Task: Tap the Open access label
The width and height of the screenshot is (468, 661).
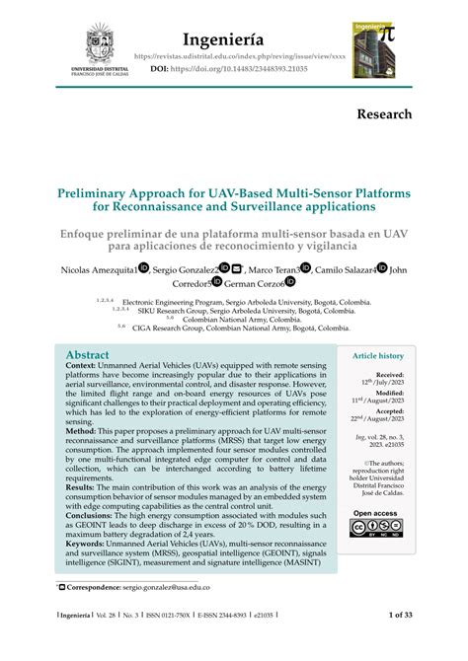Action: pyautogui.click(x=375, y=513)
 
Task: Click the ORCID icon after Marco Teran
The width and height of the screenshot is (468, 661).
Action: pyautogui.click(x=306, y=267)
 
